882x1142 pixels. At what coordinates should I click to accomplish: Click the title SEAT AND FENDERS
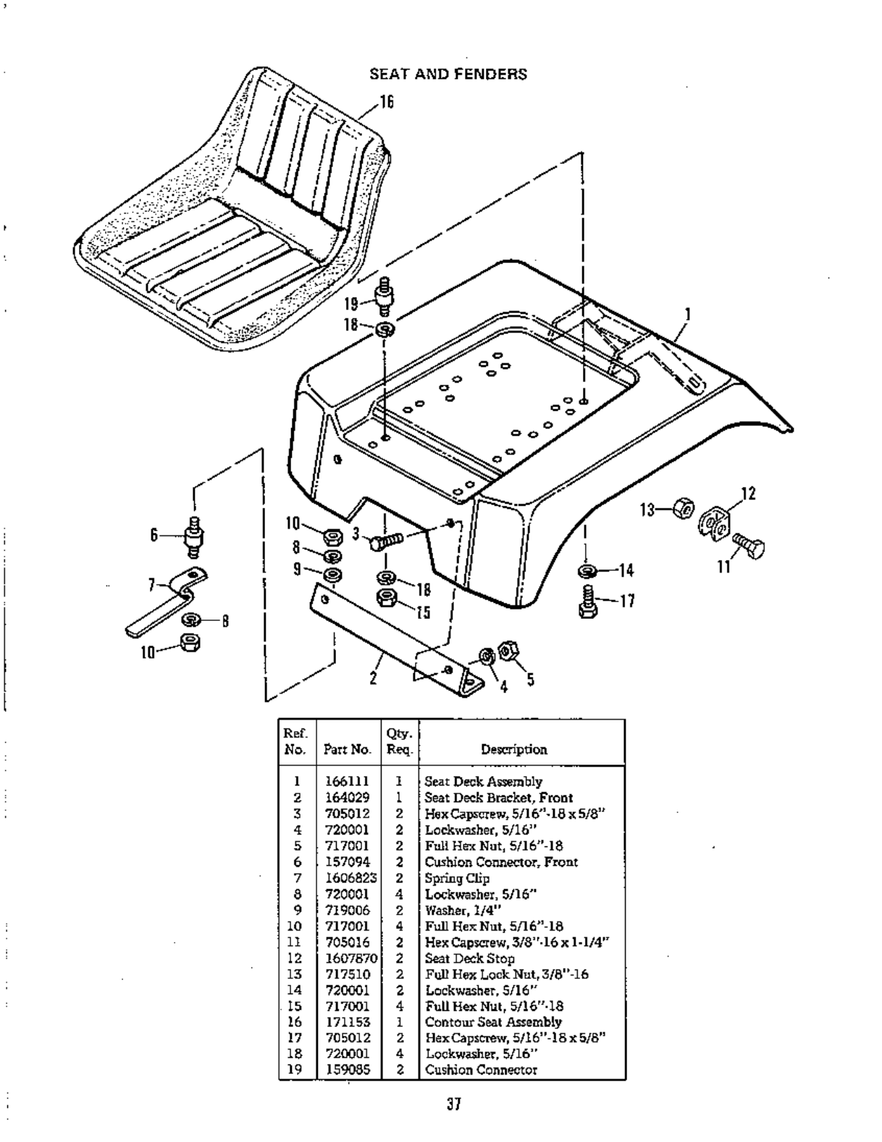[448, 74]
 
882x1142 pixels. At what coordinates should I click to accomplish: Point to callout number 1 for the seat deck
[687, 314]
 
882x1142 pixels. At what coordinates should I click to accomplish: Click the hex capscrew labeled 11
[749, 545]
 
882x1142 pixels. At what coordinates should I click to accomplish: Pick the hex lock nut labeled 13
[683, 509]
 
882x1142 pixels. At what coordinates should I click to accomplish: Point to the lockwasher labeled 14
[587, 571]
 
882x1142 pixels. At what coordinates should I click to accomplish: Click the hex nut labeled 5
[508, 650]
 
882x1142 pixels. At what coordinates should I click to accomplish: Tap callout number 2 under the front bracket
[373, 679]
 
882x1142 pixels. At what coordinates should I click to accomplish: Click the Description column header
[514, 749]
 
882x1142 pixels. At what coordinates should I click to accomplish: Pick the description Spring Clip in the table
[457, 878]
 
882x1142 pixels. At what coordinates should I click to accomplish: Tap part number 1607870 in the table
[350, 958]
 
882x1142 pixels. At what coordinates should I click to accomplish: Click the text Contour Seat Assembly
[493, 1022]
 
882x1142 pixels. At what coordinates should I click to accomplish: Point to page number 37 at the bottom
[454, 1104]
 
